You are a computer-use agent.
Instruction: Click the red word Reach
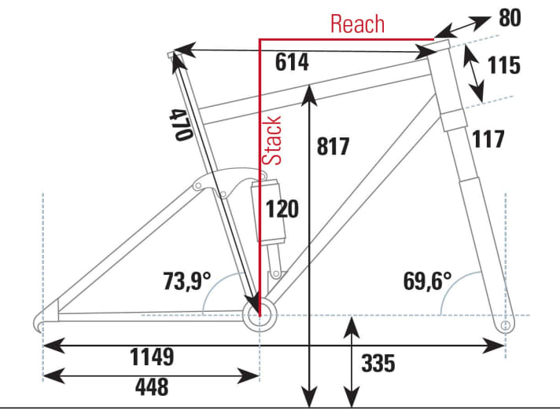[x=357, y=24]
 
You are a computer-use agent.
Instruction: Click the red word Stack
[x=272, y=140]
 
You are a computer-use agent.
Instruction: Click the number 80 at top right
[x=509, y=18]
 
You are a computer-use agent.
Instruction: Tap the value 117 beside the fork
[x=488, y=140]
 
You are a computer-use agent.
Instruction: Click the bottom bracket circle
[x=260, y=316]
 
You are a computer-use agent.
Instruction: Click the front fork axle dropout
[x=505, y=323]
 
